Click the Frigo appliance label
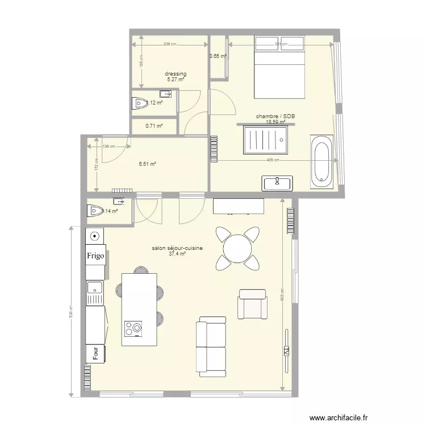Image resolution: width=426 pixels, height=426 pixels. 95,256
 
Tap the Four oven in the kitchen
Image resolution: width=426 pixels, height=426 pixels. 95,353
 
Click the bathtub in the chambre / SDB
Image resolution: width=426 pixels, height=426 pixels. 321,162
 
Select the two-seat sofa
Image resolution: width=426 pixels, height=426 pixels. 211,347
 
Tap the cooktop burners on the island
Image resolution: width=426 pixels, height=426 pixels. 133,329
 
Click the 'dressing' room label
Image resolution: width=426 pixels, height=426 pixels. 176,74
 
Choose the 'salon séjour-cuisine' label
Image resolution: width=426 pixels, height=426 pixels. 178,248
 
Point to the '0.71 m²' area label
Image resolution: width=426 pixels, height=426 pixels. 154,126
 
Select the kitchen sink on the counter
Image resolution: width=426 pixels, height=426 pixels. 95,287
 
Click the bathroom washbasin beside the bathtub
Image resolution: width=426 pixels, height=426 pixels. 277,183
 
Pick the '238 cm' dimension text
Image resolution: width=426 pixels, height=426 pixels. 169,44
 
